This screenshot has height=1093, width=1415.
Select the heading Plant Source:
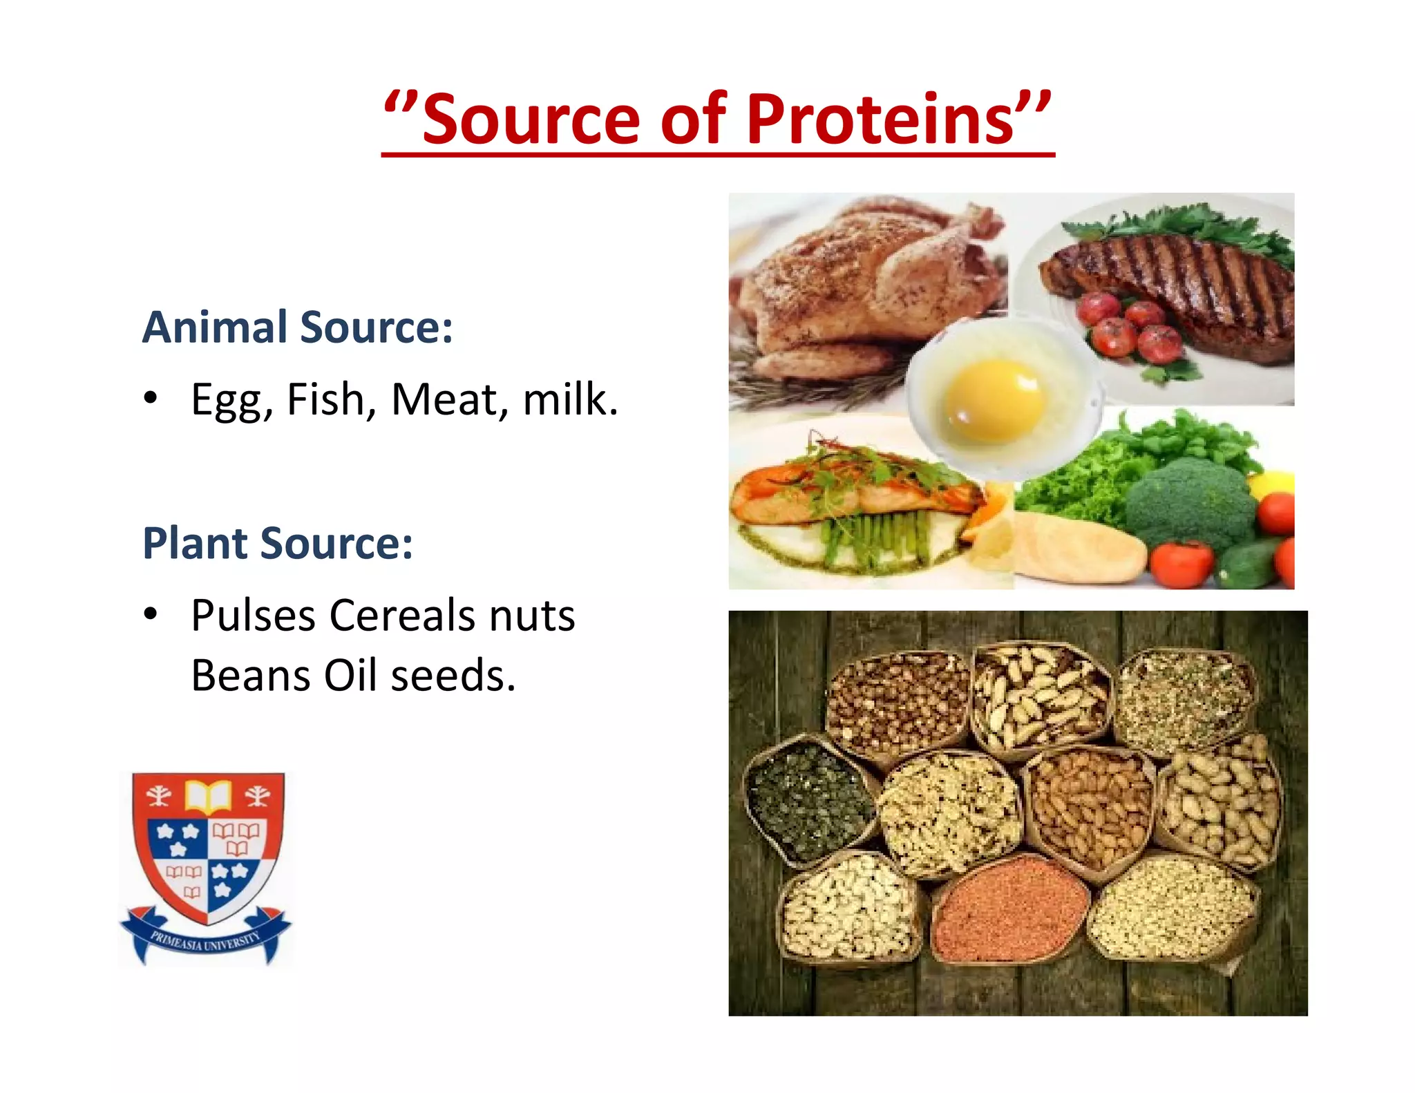click(x=277, y=543)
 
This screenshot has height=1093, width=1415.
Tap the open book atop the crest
click(x=207, y=795)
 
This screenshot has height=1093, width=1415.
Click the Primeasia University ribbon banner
click(x=206, y=940)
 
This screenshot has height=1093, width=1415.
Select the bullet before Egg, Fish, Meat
click(x=151, y=399)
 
